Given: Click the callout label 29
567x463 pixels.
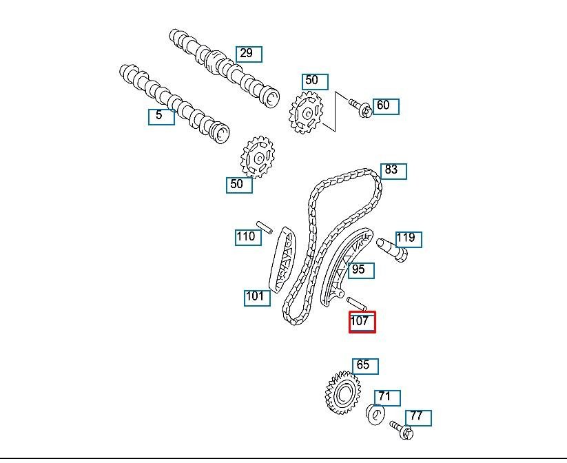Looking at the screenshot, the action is [249, 54].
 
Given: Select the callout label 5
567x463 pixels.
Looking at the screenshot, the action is [161, 117].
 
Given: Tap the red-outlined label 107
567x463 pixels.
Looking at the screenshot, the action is [362, 322].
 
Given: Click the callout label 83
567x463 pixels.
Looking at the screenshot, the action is [393, 172].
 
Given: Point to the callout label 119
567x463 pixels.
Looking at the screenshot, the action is [409, 240].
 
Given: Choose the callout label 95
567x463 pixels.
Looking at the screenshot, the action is [361, 271].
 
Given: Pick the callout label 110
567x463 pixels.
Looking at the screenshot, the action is [248, 237].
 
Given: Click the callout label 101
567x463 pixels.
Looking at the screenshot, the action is [257, 298].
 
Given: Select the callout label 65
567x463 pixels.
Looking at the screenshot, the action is [366, 367].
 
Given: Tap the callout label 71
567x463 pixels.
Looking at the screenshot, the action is [387, 398].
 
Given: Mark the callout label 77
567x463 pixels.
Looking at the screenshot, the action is [418, 418].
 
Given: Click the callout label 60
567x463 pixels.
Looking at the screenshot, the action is [386, 107].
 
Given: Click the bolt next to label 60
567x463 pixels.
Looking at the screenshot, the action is [360, 107].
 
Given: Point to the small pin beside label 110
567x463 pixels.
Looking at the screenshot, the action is [265, 227].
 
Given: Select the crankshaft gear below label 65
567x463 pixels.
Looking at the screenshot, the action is [342, 392].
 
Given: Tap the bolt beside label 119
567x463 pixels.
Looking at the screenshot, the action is [392, 249].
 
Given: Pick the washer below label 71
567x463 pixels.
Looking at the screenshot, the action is [375, 415].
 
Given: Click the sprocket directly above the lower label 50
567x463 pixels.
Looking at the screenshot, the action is [258, 157].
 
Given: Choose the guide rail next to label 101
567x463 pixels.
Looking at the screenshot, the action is [282, 260].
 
